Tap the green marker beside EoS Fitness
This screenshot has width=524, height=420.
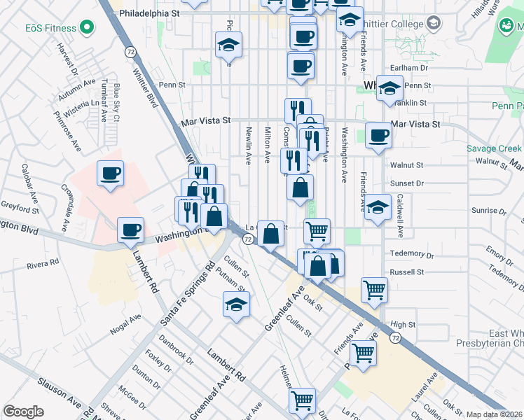pyautogui.click(x=87, y=28)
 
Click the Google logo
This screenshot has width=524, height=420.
pyautogui.click(x=23, y=412)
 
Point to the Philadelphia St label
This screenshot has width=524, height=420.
pyautogui.click(x=150, y=13)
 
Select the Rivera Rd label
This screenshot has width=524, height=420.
pyautogui.click(x=43, y=264)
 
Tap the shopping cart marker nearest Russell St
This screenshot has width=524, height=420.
pyautogui.click(x=375, y=289)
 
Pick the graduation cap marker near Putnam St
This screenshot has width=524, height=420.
pyautogui.click(x=236, y=304)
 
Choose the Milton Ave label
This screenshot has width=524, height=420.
pyautogui.click(x=267, y=145)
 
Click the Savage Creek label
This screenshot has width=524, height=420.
pyautogui.click(x=495, y=149)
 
